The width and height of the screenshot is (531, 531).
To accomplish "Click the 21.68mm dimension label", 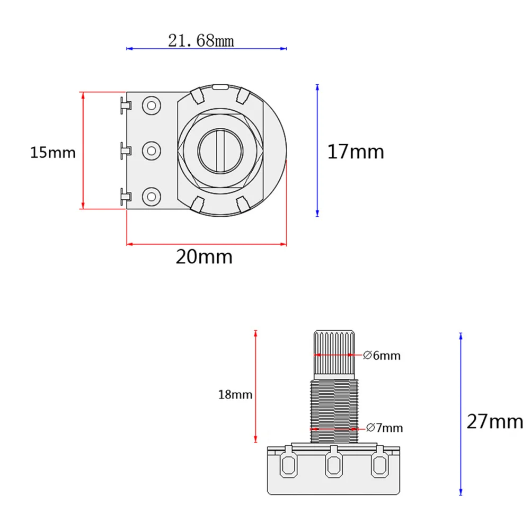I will [x=201, y=40].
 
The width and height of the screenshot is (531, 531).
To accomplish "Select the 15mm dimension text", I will [x=52, y=153].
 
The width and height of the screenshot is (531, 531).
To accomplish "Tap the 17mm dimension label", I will [x=355, y=152].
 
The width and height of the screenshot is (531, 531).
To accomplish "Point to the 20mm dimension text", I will [x=204, y=257].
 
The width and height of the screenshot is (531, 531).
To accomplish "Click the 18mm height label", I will [x=235, y=395].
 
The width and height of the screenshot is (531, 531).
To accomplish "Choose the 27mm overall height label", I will [x=494, y=422].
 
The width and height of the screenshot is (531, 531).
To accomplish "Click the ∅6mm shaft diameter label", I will [x=382, y=356].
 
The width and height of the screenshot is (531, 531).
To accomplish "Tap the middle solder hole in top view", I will [x=152, y=151].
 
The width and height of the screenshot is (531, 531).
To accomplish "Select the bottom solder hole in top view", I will [x=152, y=196].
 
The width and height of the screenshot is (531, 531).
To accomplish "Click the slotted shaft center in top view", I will [x=219, y=151].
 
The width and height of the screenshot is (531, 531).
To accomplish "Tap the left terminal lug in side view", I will [x=289, y=464].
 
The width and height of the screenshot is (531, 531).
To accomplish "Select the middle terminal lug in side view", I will [x=334, y=464].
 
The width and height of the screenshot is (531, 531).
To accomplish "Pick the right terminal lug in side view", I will [x=378, y=464].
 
